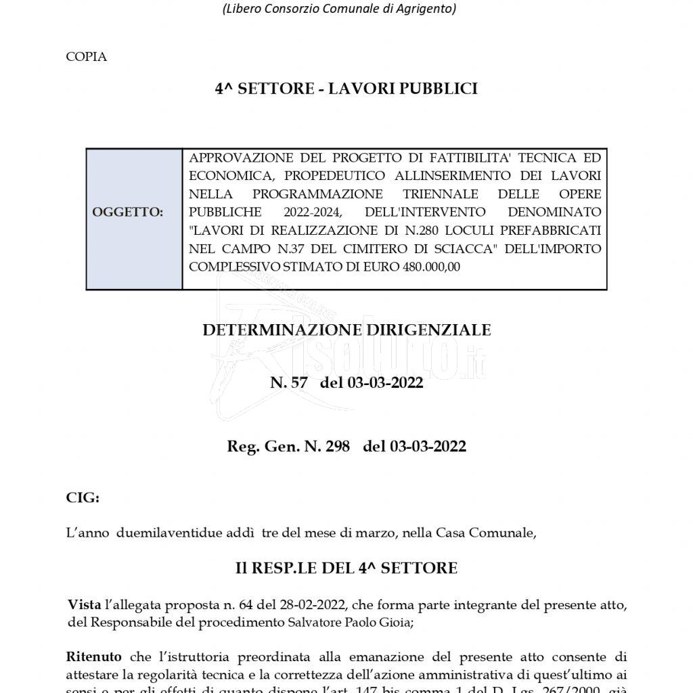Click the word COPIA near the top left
[87, 57]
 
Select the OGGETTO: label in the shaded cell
[128, 213]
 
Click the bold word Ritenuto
[94, 657]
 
